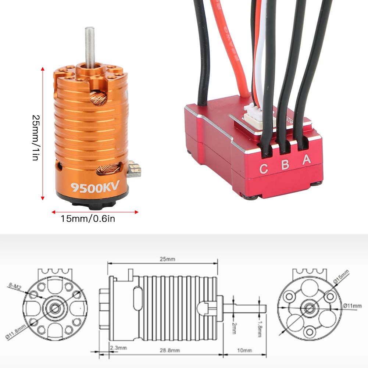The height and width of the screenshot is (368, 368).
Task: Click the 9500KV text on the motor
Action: tap(95, 187)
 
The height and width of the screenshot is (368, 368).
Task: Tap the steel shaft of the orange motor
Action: tap(89, 44)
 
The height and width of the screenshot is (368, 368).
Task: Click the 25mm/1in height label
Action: tap(36, 134)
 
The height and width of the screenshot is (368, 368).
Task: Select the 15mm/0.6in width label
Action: tap(88, 219)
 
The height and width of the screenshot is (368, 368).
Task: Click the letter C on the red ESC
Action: tap(264, 169)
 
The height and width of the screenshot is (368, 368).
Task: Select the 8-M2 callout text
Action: tap(14, 285)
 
